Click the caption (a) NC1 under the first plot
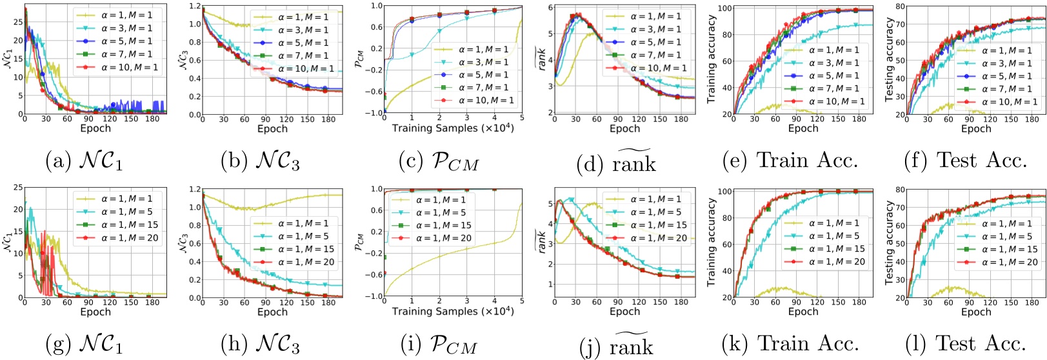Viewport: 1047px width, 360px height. tap(83, 161)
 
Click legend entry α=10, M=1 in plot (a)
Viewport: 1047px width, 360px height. tap(129, 67)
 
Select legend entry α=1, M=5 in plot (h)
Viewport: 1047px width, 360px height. tap(303, 236)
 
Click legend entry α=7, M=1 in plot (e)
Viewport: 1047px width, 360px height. tap(833, 88)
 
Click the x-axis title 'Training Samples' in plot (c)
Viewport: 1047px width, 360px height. tap(452, 128)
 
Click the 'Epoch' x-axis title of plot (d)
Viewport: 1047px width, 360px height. tap(624, 128)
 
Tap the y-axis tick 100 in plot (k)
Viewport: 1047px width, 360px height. tap(724, 192)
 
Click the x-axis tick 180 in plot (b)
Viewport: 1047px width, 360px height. tap(328, 119)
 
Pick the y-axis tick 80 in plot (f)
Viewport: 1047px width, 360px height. tap(900, 7)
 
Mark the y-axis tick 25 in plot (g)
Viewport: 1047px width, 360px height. tap(18, 188)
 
